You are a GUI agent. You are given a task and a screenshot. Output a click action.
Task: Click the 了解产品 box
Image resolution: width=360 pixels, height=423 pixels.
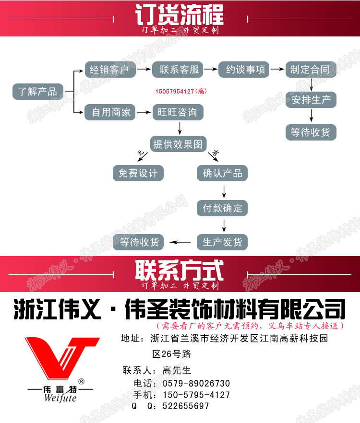pyautogui.click(x=37, y=91)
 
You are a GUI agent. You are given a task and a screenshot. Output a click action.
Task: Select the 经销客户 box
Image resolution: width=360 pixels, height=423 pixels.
pyautogui.click(x=109, y=70)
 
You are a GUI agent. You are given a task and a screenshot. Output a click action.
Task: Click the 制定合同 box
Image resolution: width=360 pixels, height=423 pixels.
pyautogui.click(x=310, y=70)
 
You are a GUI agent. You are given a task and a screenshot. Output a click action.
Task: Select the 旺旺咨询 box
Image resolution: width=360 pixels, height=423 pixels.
pyautogui.click(x=178, y=113)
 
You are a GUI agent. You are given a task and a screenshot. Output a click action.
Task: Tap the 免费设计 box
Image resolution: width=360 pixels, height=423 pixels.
pyautogui.click(x=138, y=173)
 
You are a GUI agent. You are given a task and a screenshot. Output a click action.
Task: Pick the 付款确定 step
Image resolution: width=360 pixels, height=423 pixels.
pyautogui.click(x=222, y=208)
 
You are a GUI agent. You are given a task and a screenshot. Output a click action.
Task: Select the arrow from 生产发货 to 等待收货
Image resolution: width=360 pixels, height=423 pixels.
pyautogui.click(x=180, y=242)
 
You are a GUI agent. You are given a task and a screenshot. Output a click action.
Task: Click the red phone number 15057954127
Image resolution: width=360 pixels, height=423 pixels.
pyautogui.click(x=174, y=91)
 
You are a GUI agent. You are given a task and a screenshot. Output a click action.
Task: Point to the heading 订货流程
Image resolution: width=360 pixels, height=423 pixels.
pyautogui.click(x=180, y=15)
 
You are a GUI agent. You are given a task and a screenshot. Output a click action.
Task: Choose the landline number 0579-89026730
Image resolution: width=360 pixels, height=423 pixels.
pyautogui.click(x=196, y=384)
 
